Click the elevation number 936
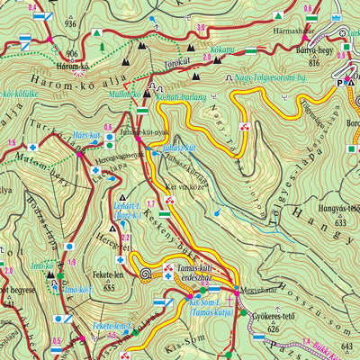[71, 25]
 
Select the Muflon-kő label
[122, 92]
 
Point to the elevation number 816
[314, 64]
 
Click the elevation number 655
[109, 288]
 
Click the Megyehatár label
[264, 291]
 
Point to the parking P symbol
[341, 81]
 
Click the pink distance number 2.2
[126, 238]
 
